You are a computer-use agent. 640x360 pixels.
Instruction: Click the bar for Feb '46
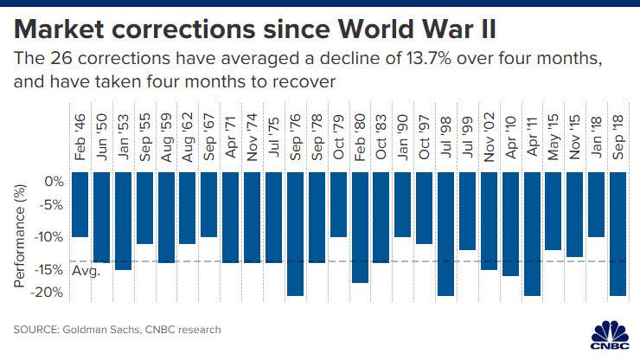[80, 204]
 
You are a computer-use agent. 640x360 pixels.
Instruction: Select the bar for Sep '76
[295, 234]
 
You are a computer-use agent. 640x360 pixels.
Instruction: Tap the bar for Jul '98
[445, 234]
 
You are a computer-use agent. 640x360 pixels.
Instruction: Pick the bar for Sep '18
[618, 234]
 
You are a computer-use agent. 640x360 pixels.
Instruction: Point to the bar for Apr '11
[531, 234]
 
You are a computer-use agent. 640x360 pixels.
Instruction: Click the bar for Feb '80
[359, 227]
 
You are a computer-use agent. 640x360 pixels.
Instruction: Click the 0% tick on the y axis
[54, 183]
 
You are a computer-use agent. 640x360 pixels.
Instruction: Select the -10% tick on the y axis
[50, 237]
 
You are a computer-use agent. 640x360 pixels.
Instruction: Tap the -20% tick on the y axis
[50, 292]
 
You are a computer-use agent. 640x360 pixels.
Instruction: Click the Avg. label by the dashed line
[86, 271]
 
